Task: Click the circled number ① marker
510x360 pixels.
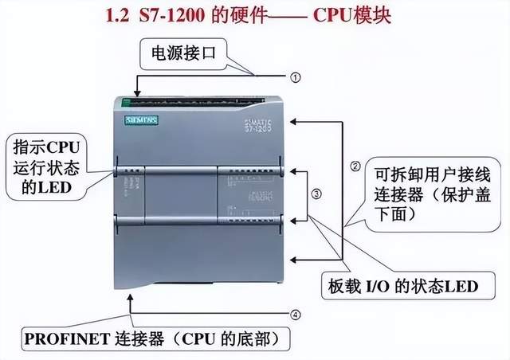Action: [296, 77]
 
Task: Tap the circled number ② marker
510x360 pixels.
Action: [356, 167]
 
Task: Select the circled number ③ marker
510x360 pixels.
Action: [317, 193]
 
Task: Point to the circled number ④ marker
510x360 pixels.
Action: [296, 315]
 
